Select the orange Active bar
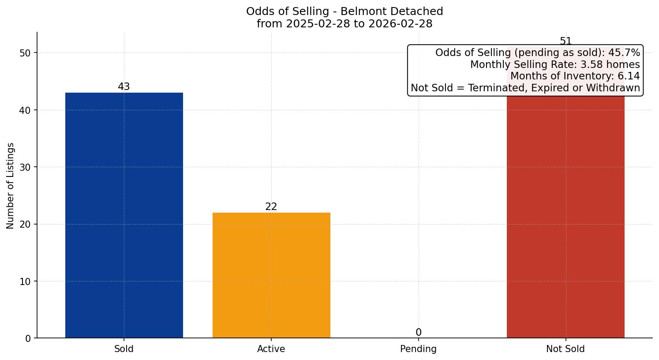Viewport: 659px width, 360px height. tap(271, 275)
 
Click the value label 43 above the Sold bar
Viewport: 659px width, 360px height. tap(124, 87)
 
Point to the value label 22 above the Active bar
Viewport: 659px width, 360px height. tap(271, 207)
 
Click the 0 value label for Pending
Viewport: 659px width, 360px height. tap(418, 333)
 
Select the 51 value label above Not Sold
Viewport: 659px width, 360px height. tap(565, 41)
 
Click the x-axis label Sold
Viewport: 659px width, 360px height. tap(124, 349)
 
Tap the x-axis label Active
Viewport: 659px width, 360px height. tap(271, 349)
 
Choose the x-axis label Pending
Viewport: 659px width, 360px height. tap(418, 349)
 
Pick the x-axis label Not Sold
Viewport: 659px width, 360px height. tap(565, 349)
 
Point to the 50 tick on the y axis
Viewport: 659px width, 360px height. tap(25, 53)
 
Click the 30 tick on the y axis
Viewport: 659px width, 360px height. tap(25, 167)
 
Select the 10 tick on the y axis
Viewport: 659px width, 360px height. tap(25, 281)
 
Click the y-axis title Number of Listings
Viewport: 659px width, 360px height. tap(11, 185)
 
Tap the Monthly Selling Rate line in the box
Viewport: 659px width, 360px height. tap(554, 64)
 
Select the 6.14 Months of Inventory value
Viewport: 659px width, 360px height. tap(629, 76)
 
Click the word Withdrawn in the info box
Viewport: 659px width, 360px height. tap(614, 88)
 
